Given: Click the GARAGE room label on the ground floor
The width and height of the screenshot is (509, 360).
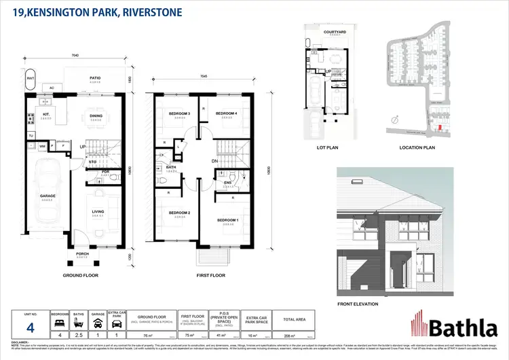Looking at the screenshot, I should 47,196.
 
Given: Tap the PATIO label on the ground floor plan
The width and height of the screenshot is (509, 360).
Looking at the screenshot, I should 95,78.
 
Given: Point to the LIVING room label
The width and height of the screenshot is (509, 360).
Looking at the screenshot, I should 98,212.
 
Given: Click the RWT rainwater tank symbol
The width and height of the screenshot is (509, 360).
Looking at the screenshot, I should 31,79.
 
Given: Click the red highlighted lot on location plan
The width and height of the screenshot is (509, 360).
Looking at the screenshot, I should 438,127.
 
